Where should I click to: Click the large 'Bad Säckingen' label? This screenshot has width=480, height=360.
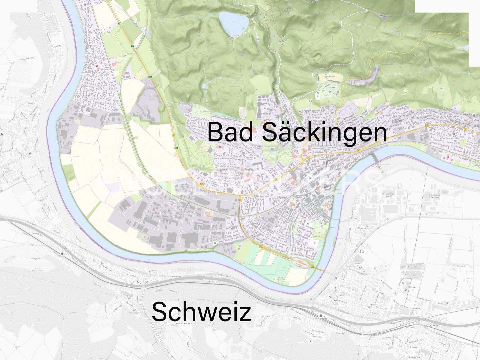pyautogui.click(x=297, y=132)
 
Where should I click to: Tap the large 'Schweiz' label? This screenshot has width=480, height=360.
pyautogui.click(x=201, y=312)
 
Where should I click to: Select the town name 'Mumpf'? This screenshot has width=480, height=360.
pyautogui.click(x=142, y=282)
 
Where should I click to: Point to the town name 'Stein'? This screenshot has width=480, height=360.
pyautogui.click(x=364, y=251)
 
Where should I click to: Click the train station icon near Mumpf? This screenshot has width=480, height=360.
pyautogui.click(x=62, y=253)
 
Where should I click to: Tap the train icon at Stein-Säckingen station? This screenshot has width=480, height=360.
pyautogui.click(x=321, y=315)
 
